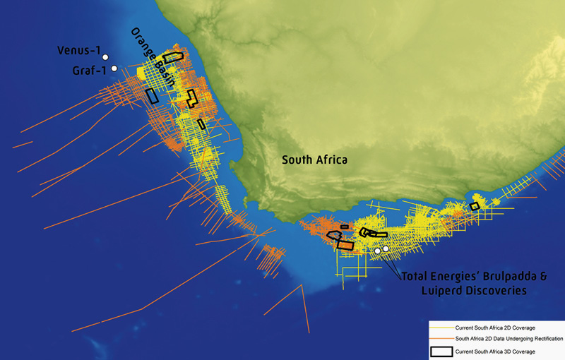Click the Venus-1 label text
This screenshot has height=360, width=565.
78,52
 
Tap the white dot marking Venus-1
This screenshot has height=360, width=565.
105,56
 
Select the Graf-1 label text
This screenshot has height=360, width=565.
89,71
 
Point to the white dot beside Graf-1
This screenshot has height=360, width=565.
114,68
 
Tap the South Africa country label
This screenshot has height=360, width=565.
314,160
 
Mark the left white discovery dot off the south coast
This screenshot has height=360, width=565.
378,251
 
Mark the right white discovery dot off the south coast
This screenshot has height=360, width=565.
386,248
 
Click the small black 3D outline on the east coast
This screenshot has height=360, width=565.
475,206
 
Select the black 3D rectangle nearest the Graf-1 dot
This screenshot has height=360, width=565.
151,95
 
